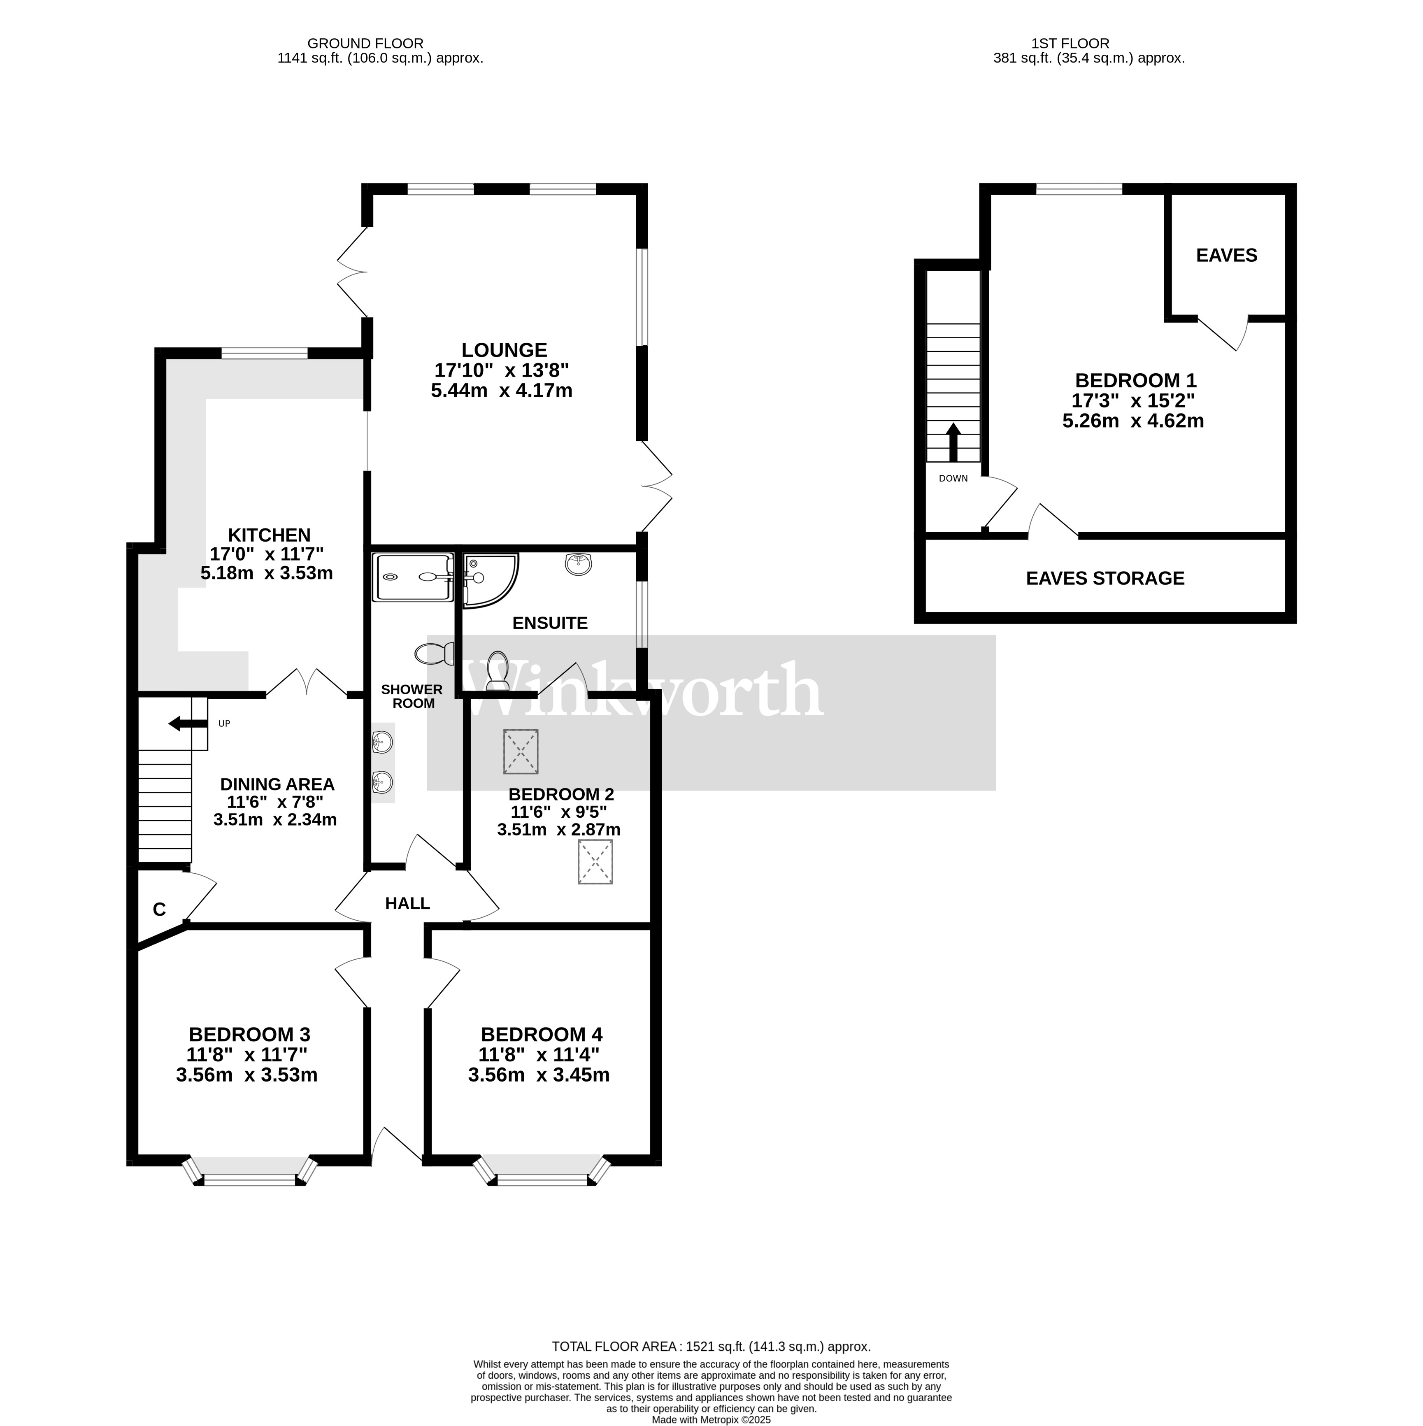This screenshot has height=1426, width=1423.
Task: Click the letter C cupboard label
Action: point(159,910)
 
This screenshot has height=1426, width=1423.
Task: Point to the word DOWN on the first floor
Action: point(953,478)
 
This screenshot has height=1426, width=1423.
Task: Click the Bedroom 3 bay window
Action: point(249,1170)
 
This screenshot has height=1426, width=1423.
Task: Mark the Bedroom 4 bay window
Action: point(542,1170)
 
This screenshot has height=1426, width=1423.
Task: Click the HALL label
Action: point(407,903)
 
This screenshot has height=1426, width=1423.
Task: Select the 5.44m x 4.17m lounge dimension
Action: point(502,391)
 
